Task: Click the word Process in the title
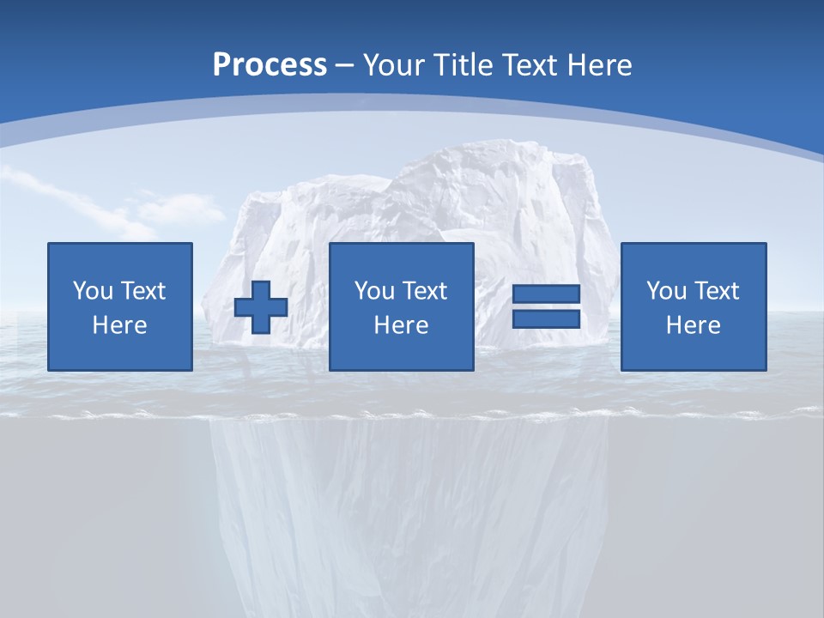(x=270, y=65)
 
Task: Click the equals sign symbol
(x=546, y=306)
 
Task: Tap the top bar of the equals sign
(x=546, y=294)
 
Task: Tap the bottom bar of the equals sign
(x=546, y=318)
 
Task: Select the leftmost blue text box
(x=119, y=306)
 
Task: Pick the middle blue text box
(x=401, y=306)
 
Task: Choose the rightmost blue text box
(x=693, y=306)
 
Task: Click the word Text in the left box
(x=142, y=291)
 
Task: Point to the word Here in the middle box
(x=401, y=325)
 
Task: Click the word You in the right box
(x=666, y=291)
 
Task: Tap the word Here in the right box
(x=693, y=325)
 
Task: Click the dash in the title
(x=344, y=65)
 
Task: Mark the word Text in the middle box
(x=425, y=291)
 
